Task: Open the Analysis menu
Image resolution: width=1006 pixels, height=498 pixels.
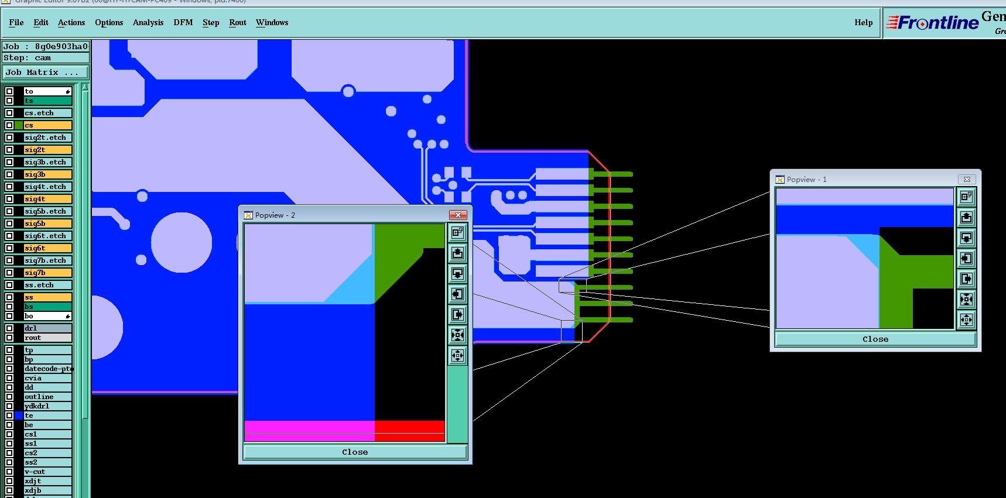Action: click(x=148, y=23)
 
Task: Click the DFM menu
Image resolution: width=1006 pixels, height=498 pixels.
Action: click(x=183, y=23)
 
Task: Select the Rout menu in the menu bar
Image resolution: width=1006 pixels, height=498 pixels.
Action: click(x=238, y=23)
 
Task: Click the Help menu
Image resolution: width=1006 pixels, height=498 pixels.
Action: click(x=863, y=23)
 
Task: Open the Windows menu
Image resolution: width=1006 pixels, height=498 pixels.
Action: click(x=272, y=23)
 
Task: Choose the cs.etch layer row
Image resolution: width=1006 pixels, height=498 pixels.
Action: click(x=47, y=113)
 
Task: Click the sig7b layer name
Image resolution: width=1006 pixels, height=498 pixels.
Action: click(x=47, y=273)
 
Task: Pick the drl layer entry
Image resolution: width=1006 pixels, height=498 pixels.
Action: click(x=47, y=328)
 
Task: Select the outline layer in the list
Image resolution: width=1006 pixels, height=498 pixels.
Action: click(x=47, y=397)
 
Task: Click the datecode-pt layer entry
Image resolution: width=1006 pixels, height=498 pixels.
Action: click(x=47, y=369)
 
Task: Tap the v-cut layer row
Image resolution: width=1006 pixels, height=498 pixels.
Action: click(x=47, y=472)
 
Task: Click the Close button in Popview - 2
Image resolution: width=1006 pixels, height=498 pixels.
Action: click(x=355, y=452)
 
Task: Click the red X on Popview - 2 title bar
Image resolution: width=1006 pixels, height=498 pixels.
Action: click(x=458, y=215)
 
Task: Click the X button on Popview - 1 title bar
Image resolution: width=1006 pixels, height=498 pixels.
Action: click(x=967, y=179)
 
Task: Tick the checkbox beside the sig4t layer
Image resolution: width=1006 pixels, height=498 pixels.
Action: click(x=9, y=199)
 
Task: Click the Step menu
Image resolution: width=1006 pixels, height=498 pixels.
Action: click(x=211, y=23)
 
